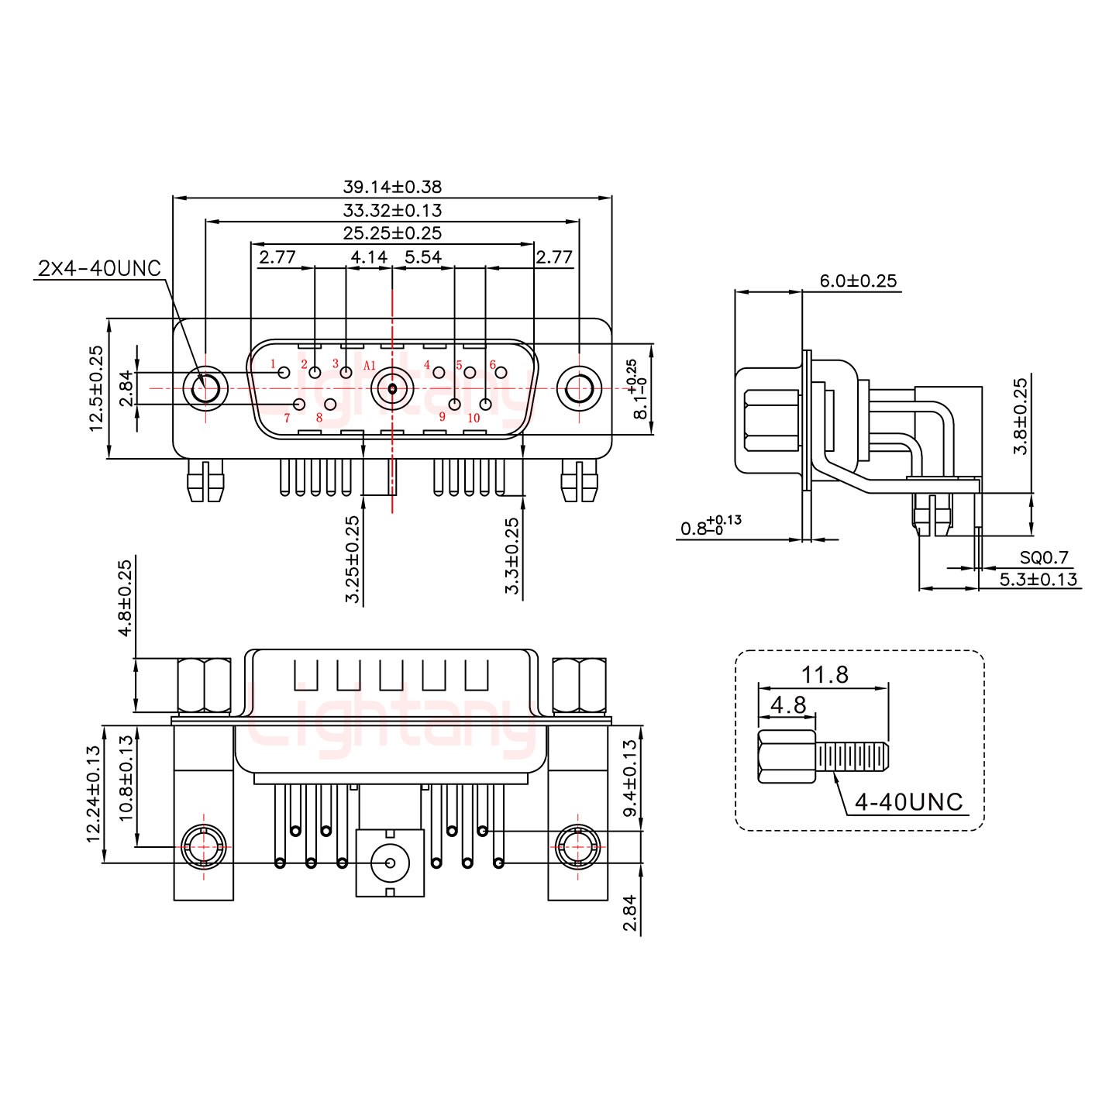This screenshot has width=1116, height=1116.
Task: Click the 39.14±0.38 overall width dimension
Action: tap(392, 187)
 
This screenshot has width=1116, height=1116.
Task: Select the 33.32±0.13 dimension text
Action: tap(392, 210)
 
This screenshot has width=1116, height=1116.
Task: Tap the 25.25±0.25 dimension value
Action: tap(392, 233)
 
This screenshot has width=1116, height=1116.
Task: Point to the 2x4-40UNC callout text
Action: tap(99, 268)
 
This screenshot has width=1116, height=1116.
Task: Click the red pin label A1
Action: tap(370, 366)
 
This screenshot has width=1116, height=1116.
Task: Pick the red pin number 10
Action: tap(474, 418)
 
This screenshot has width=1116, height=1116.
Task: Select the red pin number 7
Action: tap(287, 418)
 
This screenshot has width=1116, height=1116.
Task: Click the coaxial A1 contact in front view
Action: tap(392, 388)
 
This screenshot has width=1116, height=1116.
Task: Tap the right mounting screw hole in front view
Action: tap(578, 388)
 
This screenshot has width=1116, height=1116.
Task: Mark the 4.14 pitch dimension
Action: tap(369, 257)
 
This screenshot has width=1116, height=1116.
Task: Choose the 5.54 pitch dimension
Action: tap(423, 257)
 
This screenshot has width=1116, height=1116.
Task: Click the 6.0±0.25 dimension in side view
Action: tap(859, 281)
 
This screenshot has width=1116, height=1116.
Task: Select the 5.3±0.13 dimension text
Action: tap(1038, 579)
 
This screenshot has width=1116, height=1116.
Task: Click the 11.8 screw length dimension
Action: tap(825, 675)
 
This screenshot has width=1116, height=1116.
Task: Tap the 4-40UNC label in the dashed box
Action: tap(908, 802)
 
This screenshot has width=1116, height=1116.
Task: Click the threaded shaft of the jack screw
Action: tap(852, 756)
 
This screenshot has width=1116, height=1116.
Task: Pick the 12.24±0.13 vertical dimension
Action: tap(94, 793)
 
